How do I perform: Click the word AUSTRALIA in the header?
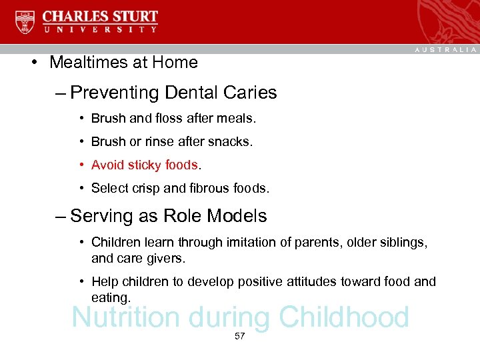(446, 50)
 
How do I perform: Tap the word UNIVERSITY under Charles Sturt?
(100, 29)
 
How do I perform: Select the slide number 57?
(240, 337)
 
